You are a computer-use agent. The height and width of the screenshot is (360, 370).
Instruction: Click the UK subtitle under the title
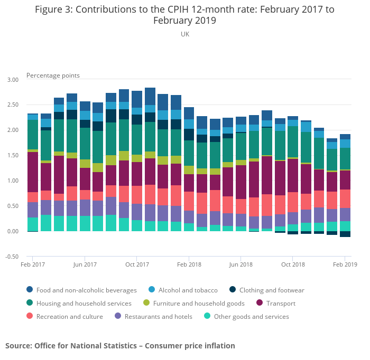(x=184, y=34)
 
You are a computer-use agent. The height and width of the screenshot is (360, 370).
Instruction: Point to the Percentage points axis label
(x=53, y=75)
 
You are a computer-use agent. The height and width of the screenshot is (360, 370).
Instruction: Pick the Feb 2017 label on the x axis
(x=33, y=264)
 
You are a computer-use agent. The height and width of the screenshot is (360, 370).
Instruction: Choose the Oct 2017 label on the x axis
(x=137, y=264)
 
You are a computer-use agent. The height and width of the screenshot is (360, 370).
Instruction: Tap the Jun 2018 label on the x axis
(x=241, y=264)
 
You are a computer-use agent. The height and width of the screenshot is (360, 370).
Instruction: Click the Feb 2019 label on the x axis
(x=345, y=264)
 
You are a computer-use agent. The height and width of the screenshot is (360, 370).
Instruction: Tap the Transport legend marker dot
(x=260, y=304)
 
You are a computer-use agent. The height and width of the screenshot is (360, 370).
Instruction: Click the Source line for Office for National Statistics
(x=120, y=346)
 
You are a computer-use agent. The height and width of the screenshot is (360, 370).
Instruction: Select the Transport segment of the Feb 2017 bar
(x=33, y=172)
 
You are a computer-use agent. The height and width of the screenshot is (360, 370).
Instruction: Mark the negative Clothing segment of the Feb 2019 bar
(x=345, y=234)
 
